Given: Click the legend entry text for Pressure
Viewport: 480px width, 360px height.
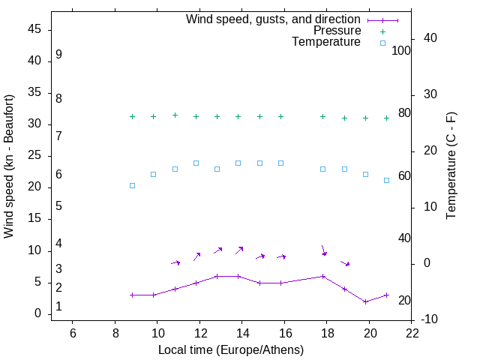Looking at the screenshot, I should pyautogui.click(x=337, y=31).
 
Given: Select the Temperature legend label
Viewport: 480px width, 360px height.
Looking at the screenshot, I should pyautogui.click(x=326, y=43).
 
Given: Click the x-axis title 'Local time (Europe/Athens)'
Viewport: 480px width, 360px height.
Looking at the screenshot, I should pyautogui.click(x=231, y=349).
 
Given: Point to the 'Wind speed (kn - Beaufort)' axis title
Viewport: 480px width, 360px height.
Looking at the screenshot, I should pyautogui.click(x=9, y=166).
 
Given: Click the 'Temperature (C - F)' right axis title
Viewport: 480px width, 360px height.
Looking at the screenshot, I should pyautogui.click(x=451, y=166).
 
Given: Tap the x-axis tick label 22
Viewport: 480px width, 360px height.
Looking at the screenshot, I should pyautogui.click(x=412, y=332).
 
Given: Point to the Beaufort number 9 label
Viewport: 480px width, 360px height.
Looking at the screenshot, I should pyautogui.click(x=58, y=55).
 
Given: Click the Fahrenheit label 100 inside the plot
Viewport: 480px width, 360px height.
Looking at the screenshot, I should pyautogui.click(x=401, y=50).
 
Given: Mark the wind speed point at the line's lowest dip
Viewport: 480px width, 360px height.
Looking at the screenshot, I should pyautogui.click(x=365, y=301).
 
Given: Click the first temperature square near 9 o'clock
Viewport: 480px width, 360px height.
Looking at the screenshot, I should pyautogui.click(x=132, y=185).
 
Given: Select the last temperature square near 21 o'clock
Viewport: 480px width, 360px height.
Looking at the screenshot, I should pyautogui.click(x=386, y=180).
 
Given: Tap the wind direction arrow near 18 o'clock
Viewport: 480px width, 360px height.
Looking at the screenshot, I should pyautogui.click(x=323, y=250).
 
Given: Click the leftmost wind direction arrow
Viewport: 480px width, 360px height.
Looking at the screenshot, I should pyautogui.click(x=175, y=262).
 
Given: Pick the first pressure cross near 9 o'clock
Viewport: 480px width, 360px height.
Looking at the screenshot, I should pyautogui.click(x=132, y=117).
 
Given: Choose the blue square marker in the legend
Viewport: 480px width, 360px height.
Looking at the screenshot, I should pyautogui.click(x=382, y=43).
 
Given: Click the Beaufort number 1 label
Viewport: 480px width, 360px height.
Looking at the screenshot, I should pyautogui.click(x=58, y=307).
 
